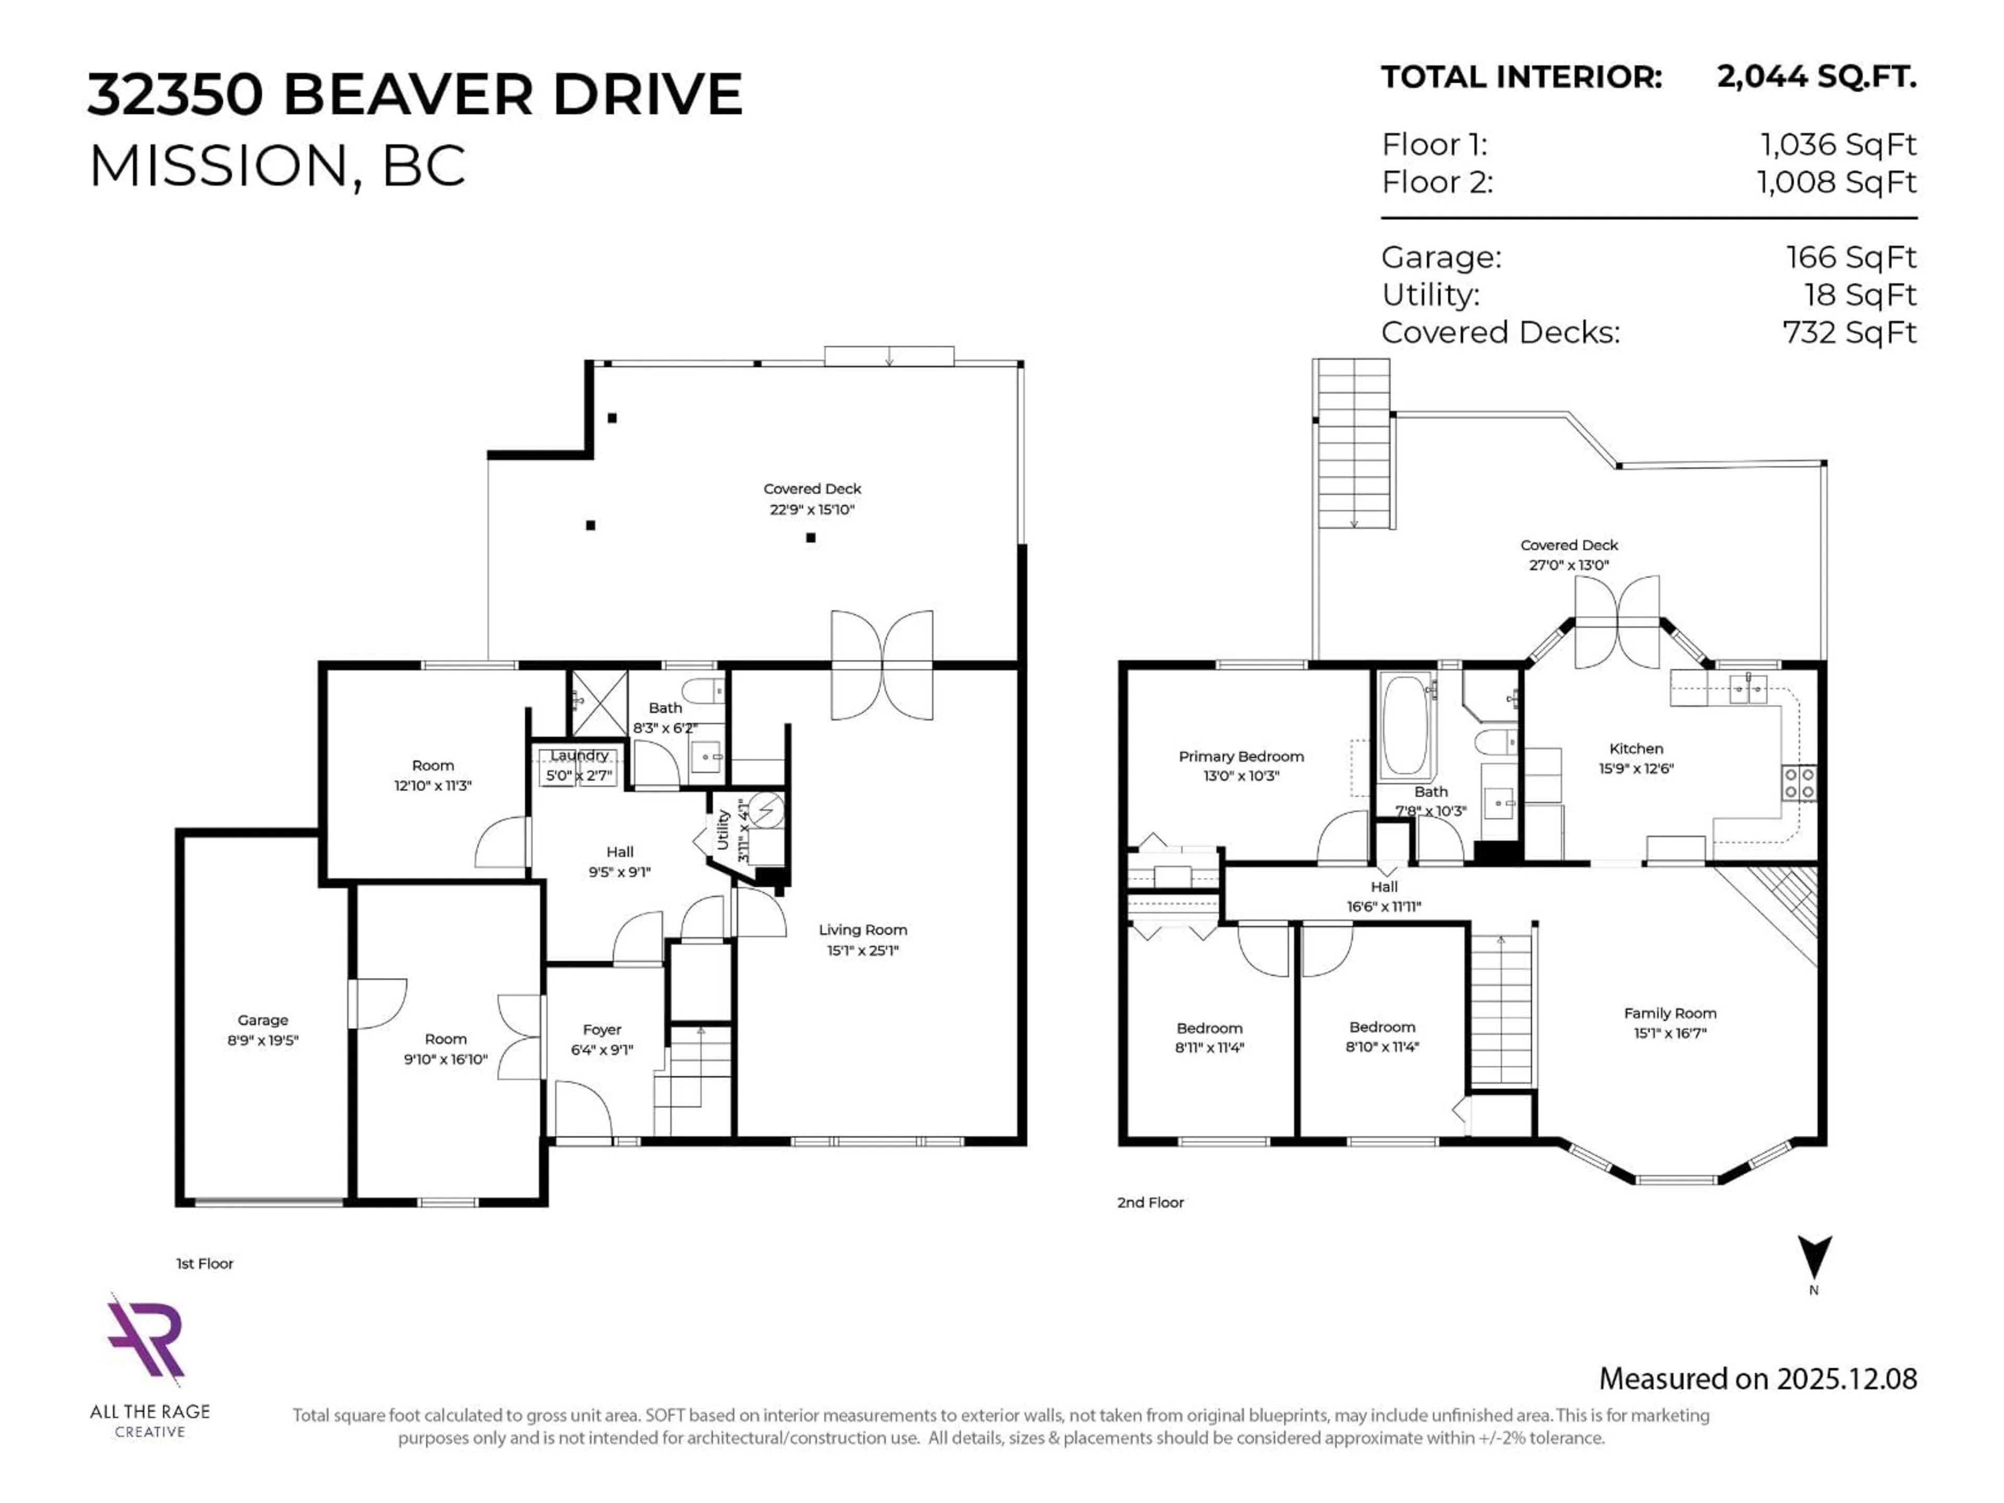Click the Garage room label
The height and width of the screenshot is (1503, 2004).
coord(263,1020)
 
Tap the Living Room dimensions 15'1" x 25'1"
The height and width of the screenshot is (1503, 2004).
coord(862,950)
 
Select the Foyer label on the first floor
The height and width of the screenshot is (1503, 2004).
coord(602,1030)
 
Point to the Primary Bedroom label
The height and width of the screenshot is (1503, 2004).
coord(1240,757)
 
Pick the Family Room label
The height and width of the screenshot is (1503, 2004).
coord(1669,1014)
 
